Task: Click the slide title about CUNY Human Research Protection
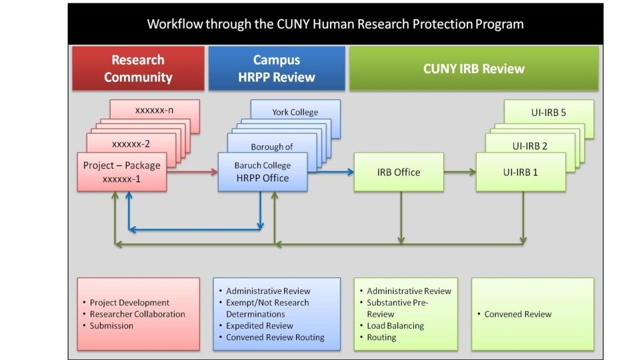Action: click(335, 24)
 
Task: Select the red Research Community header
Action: click(138, 68)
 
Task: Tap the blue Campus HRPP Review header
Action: click(277, 68)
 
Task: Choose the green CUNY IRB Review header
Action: click(473, 68)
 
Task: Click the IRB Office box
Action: click(398, 172)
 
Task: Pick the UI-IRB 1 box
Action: click(521, 172)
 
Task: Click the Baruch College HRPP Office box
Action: click(262, 172)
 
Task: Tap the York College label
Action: click(295, 112)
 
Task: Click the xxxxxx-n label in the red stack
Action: click(155, 110)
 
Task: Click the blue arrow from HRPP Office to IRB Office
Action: click(331, 172)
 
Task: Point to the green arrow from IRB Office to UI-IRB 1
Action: click(459, 172)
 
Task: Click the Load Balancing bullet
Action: click(395, 326)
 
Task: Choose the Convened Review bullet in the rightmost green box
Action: click(518, 314)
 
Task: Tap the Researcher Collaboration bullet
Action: click(137, 314)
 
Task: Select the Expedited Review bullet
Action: click(259, 326)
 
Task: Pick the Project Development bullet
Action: click(129, 303)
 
